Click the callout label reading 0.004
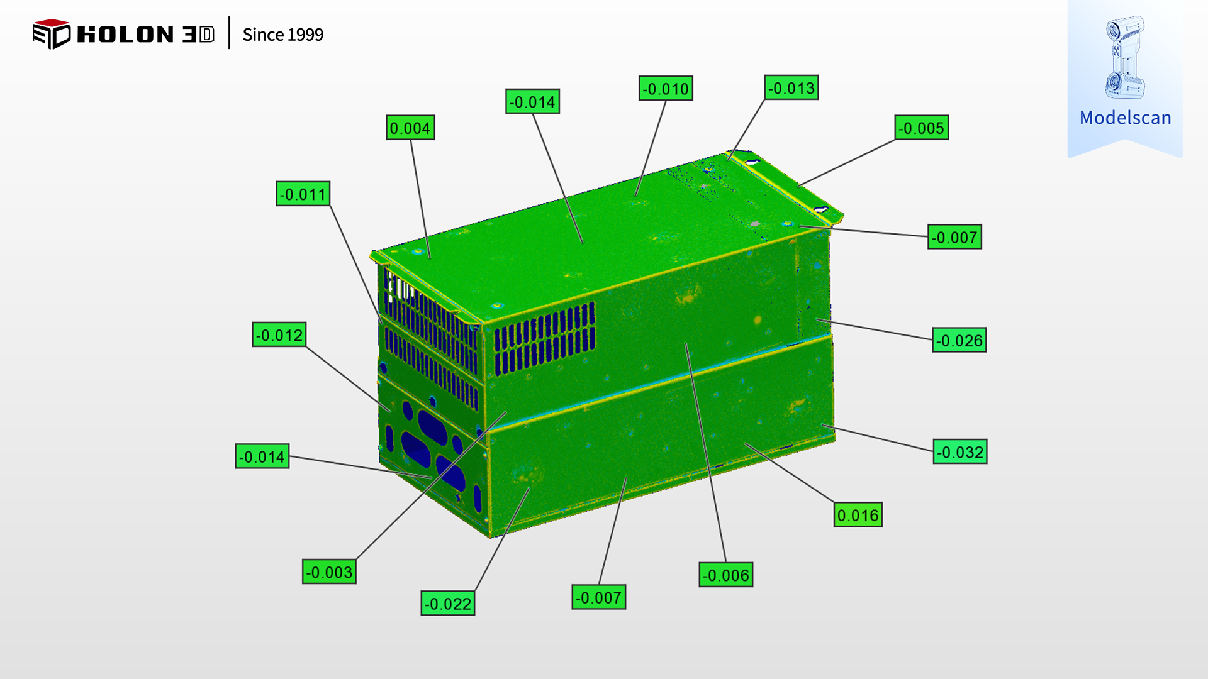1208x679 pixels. (410, 128)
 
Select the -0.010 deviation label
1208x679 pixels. (666, 89)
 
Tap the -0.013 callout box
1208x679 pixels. (791, 88)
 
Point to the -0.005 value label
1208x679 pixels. (921, 128)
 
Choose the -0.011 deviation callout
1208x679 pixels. (303, 194)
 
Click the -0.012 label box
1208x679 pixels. (279, 335)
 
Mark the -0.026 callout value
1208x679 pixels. (959, 341)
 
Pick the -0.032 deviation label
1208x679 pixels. (959, 452)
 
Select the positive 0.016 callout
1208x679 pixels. (858, 516)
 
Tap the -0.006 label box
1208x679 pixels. (725, 575)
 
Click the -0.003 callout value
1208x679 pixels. (329, 572)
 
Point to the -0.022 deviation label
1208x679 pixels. (447, 604)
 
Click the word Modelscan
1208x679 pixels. (1125, 118)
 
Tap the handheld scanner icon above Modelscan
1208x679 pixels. (1124, 57)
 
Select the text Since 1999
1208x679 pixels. (282, 35)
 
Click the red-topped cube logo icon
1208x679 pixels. (51, 34)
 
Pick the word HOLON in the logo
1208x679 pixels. (125, 35)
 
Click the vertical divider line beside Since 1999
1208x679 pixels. (229, 33)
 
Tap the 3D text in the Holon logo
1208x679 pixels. (198, 35)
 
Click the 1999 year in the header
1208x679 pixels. (305, 35)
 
